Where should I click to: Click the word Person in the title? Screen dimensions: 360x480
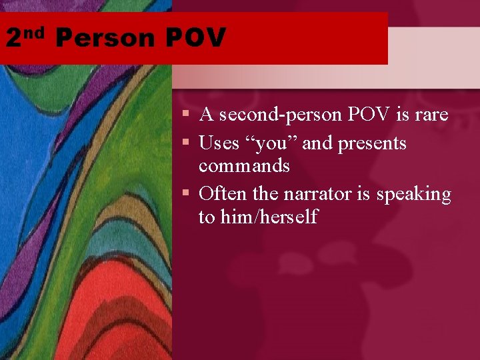click(105, 38)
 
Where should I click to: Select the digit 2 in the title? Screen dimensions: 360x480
click(14, 38)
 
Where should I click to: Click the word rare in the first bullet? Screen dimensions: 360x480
click(431, 115)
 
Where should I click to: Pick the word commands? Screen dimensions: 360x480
click(244, 165)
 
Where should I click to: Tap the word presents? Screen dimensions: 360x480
click(372, 143)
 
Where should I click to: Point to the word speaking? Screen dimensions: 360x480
click(413, 195)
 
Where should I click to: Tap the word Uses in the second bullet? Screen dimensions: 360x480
click(218, 143)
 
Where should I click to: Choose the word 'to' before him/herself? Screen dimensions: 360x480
click(206, 217)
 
